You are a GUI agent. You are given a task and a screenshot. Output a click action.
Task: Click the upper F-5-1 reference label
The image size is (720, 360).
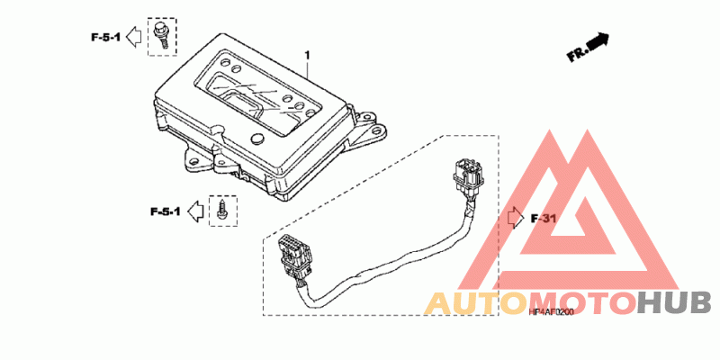click(x=105, y=37)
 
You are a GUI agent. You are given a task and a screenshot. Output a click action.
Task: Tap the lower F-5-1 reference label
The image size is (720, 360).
click(x=166, y=212)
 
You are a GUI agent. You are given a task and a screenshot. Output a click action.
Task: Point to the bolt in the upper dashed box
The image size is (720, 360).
click(x=162, y=35)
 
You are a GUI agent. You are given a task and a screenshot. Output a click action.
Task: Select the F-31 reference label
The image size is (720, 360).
click(x=545, y=218)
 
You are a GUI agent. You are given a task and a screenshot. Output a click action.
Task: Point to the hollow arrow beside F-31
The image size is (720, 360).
click(x=516, y=218)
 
